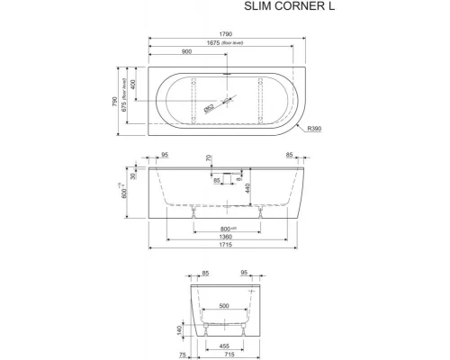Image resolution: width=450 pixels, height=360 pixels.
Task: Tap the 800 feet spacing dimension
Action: click(x=228, y=226)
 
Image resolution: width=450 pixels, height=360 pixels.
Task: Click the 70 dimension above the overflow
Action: click(x=209, y=160)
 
